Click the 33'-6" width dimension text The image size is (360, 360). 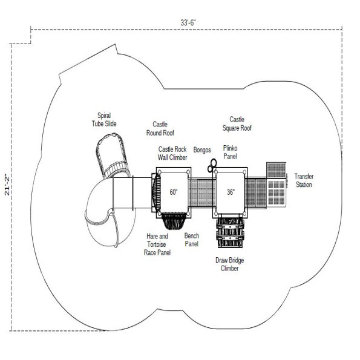(188, 23)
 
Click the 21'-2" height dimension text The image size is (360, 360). (7, 185)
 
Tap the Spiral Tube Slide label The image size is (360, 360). (104, 119)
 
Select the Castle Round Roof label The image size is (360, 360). (160, 128)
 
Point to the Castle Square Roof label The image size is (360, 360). (237, 123)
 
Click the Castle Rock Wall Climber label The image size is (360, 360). (172, 153)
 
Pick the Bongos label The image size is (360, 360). (202, 150)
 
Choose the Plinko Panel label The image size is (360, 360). (230, 152)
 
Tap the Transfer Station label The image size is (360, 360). (304, 180)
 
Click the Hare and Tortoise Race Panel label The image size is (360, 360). (157, 244)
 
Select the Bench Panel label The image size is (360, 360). (191, 240)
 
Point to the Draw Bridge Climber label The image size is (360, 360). (229, 264)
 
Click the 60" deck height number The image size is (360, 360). (174, 192)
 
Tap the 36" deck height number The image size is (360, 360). (231, 192)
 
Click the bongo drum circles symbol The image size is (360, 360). (212, 166)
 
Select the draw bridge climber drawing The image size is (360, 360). (230, 232)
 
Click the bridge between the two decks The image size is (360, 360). (202, 192)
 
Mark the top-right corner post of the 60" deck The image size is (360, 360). (188, 172)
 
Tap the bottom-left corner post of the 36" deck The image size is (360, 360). (216, 214)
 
